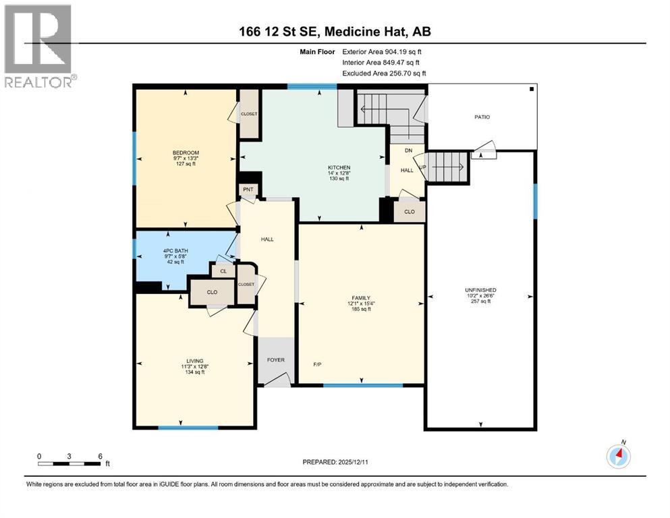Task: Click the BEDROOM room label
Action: pyautogui.click(x=186, y=152)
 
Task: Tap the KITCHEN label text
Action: pyautogui.click(x=339, y=167)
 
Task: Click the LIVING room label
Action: pyautogui.click(x=196, y=361)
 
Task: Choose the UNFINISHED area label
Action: pyautogui.click(x=480, y=290)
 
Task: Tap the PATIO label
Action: pyautogui.click(x=481, y=117)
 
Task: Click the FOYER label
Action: pyautogui.click(x=275, y=359)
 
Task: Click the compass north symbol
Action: pyautogui.click(x=618, y=456)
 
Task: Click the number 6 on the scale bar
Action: pyautogui.click(x=100, y=456)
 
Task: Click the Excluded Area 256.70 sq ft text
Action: pyautogui.click(x=384, y=73)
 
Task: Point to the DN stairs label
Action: pyautogui.click(x=408, y=150)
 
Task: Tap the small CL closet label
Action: pyautogui.click(x=221, y=271)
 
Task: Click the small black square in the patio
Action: pyautogui.click(x=532, y=89)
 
